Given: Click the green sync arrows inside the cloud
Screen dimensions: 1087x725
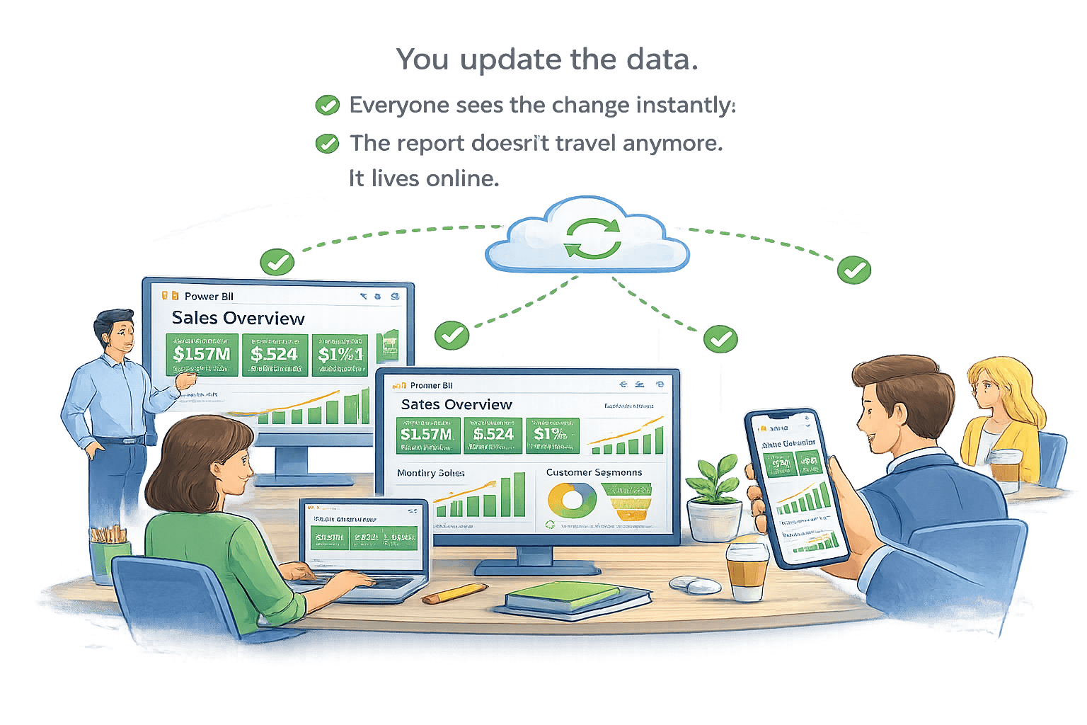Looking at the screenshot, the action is (x=592, y=239).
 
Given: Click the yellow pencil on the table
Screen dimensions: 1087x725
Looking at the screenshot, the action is (x=455, y=593).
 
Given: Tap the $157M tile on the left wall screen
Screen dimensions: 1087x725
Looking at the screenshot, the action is (x=202, y=354).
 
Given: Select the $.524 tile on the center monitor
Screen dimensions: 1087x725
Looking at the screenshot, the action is (x=493, y=435).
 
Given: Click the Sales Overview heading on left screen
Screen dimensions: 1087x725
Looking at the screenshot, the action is (x=238, y=319).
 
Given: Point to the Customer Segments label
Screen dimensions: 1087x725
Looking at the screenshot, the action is (x=594, y=472).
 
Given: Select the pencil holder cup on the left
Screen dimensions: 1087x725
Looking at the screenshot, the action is (x=110, y=559).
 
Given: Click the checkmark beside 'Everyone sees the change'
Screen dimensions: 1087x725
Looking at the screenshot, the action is (x=327, y=105).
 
